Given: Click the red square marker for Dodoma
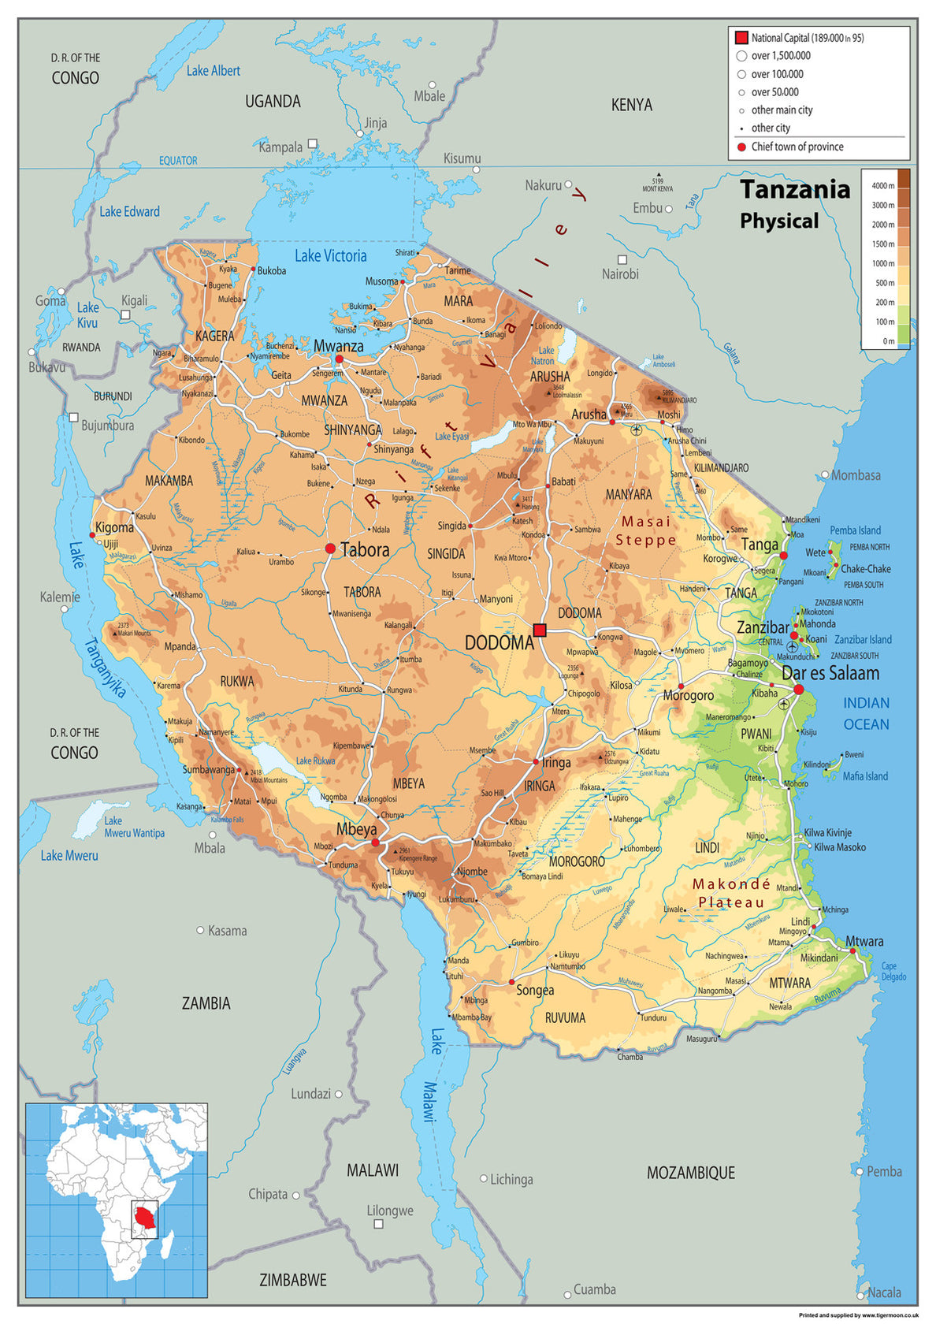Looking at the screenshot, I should tap(540, 630).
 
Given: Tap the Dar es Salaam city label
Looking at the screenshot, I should tap(830, 674).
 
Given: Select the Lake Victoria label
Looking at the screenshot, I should tap(331, 256).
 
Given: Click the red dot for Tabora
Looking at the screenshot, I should tap(330, 549).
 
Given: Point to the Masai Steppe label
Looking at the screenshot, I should tap(646, 530).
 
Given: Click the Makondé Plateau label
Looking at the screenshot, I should tap(731, 894).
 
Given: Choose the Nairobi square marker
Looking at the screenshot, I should tap(622, 259).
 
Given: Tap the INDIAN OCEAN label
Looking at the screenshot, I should tap(866, 713).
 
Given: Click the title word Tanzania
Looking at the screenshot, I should tap(794, 190).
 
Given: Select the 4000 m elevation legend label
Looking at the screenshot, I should tap(882, 186).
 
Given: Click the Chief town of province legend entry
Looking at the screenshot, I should tap(797, 147).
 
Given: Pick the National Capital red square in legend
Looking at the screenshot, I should tap(741, 38).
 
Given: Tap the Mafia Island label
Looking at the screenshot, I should tap(864, 776).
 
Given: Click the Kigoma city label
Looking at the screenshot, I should tap(114, 527).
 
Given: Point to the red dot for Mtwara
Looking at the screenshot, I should tap(852, 951).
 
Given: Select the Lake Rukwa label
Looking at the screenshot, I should tap(315, 761).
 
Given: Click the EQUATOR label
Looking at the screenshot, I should tap(178, 161).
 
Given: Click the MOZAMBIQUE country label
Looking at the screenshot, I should tap(690, 1173).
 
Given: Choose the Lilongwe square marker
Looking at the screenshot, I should tap(378, 1224).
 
